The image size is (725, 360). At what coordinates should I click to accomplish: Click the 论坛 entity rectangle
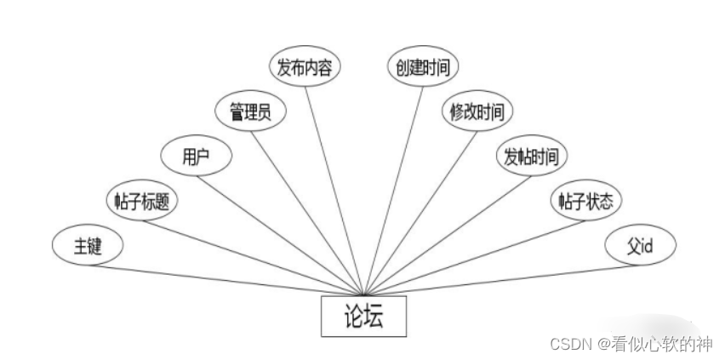click(x=363, y=317)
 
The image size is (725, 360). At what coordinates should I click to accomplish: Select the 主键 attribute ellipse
click(x=87, y=246)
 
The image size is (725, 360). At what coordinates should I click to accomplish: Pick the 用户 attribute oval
click(x=197, y=157)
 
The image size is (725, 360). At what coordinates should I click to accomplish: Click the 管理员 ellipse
click(x=250, y=111)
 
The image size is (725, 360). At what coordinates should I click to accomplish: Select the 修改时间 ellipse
click(x=477, y=111)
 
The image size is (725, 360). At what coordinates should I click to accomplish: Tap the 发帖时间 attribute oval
click(x=531, y=157)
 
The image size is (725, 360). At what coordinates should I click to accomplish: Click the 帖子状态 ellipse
click(x=585, y=201)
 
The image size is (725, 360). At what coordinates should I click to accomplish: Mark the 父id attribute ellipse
click(x=640, y=246)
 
